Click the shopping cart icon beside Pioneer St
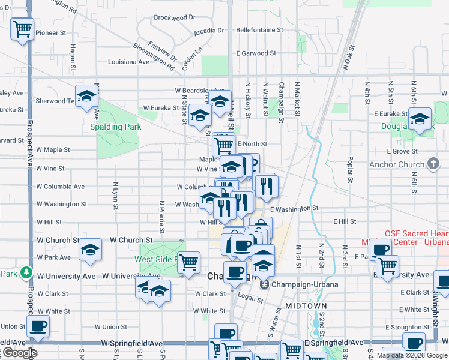tap(22, 28)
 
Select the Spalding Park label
tap(115, 127)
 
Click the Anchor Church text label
tap(396, 164)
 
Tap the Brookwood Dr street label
tap(175, 17)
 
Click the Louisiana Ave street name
tap(128, 61)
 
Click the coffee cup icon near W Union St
tap(38, 326)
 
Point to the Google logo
tap(19, 353)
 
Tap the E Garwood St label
tap(256, 53)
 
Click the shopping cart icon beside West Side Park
tap(189, 262)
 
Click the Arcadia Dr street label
tap(209, 31)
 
